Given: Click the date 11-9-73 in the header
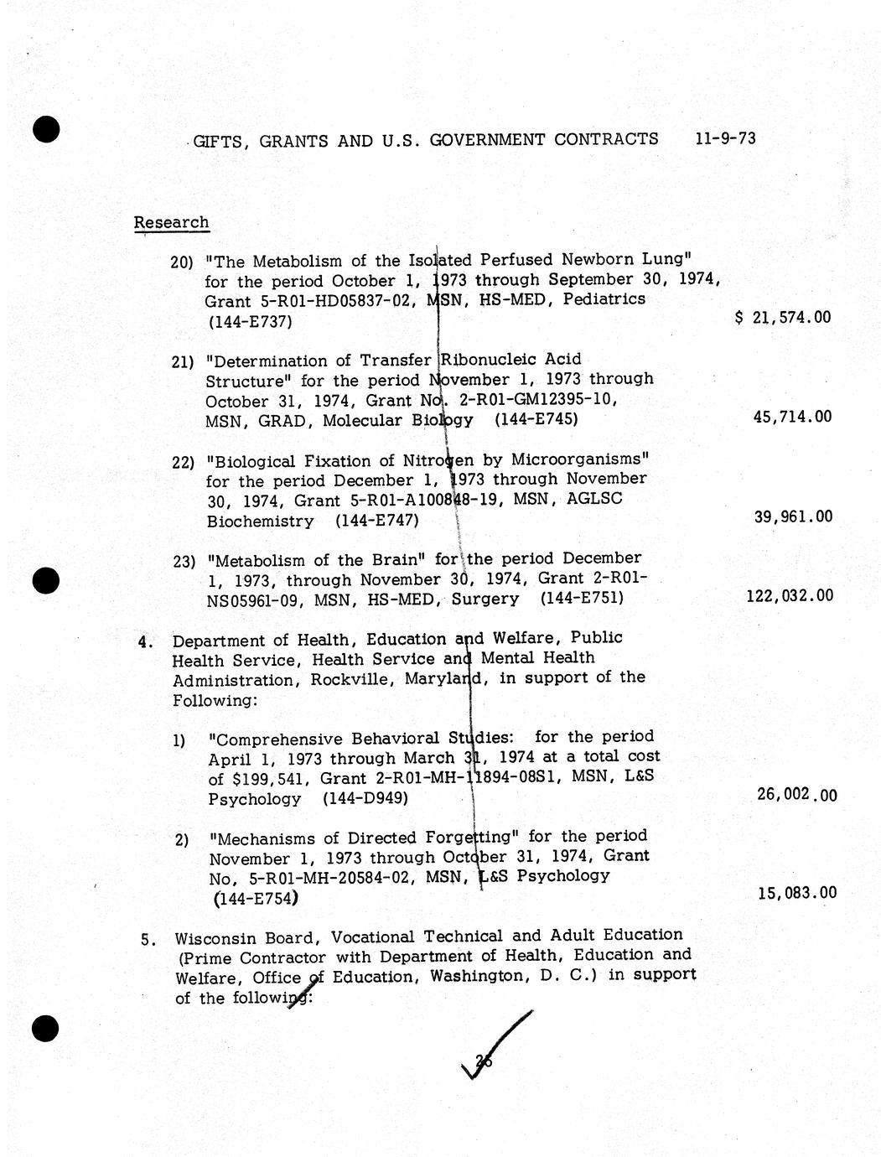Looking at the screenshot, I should click(725, 137).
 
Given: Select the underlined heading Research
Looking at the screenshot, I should click(171, 222).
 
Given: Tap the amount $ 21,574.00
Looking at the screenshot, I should click(783, 317).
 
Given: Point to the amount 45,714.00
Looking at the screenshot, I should click(792, 417).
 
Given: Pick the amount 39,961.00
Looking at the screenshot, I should click(793, 516).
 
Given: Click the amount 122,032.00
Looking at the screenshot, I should click(789, 595).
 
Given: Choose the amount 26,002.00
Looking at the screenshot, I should click(795, 794).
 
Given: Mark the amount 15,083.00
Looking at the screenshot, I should click(795, 893).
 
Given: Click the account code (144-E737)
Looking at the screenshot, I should click(249, 321).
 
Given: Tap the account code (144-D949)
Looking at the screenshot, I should click(365, 798).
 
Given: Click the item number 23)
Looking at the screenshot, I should click(184, 562).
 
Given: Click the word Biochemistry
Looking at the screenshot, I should click(260, 521).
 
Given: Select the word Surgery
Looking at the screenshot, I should click(485, 599).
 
